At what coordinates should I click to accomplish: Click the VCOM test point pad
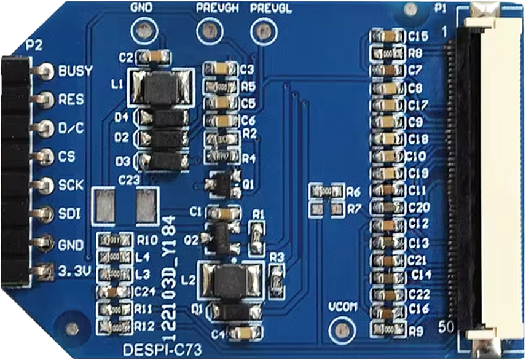[x=339, y=332]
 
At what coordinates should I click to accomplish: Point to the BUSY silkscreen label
[x=75, y=71]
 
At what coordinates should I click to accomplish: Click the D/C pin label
[x=71, y=128]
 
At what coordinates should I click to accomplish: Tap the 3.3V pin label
[x=73, y=270]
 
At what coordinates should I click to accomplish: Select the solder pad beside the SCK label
[x=44, y=184]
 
